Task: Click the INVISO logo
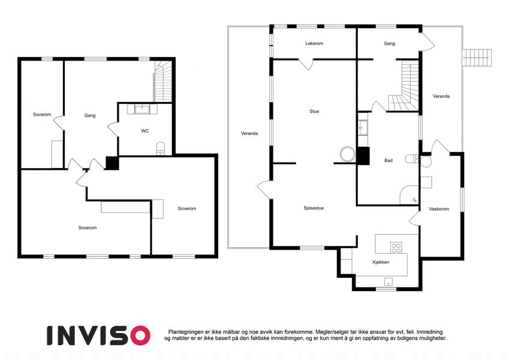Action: click(x=99, y=335)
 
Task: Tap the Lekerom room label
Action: click(x=314, y=43)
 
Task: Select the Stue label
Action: click(x=314, y=111)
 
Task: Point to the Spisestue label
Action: click(x=314, y=208)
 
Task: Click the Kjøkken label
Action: click(x=381, y=262)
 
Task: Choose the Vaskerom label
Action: click(x=439, y=209)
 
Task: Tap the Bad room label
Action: click(x=388, y=161)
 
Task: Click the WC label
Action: click(x=144, y=131)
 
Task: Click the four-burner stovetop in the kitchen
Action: click(x=396, y=248)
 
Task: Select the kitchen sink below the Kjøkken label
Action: click(x=388, y=281)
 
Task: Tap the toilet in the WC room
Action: click(x=161, y=148)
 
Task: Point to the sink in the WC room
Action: click(x=142, y=109)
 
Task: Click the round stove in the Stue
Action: click(x=348, y=154)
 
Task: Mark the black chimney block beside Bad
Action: click(x=363, y=155)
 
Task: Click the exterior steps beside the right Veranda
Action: click(x=477, y=58)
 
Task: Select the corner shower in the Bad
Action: click(x=409, y=195)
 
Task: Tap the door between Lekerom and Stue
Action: click(x=306, y=64)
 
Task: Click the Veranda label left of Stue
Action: click(x=249, y=133)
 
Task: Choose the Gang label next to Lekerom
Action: click(x=389, y=43)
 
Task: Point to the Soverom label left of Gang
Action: click(x=42, y=115)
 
